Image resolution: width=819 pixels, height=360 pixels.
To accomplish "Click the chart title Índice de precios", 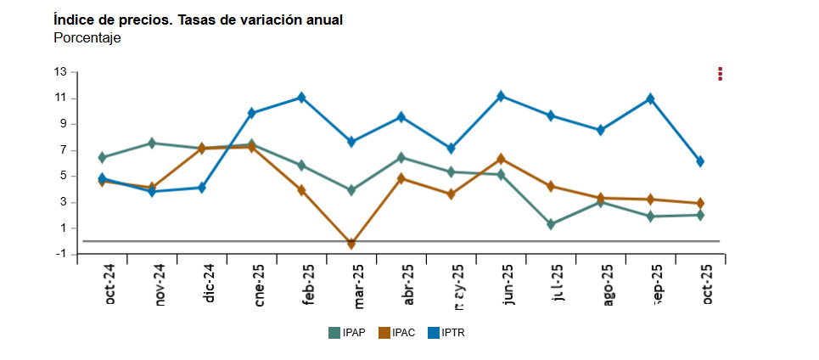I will [x=198, y=20].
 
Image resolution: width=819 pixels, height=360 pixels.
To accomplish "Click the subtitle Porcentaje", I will [x=87, y=38].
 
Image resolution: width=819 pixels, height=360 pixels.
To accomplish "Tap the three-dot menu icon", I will [x=720, y=73].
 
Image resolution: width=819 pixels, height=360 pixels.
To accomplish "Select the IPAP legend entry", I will [x=347, y=333].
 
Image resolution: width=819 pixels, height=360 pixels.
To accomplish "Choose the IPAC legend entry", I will [x=396, y=333].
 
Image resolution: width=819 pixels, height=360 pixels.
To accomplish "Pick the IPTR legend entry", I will [x=446, y=333].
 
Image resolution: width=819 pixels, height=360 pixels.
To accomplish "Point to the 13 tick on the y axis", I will [x=60, y=71].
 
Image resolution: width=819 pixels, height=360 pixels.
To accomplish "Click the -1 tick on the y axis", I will [x=60, y=254].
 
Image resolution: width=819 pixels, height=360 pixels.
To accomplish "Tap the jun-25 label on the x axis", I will [x=508, y=285].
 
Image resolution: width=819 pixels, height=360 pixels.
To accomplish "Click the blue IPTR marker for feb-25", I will [x=301, y=98].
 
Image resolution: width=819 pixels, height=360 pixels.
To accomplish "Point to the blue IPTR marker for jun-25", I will [x=501, y=96].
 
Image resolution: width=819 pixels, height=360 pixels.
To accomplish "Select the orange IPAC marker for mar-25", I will [x=351, y=243].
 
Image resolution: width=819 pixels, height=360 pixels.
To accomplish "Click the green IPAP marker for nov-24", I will [x=152, y=143].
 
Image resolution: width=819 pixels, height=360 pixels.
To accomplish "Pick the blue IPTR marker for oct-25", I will [x=700, y=161].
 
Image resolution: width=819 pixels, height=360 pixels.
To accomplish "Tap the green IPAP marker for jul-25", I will [x=551, y=224].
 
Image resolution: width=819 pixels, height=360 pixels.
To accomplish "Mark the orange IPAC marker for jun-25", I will [x=501, y=159].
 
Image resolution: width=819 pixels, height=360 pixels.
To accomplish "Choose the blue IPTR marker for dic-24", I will [x=202, y=188].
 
